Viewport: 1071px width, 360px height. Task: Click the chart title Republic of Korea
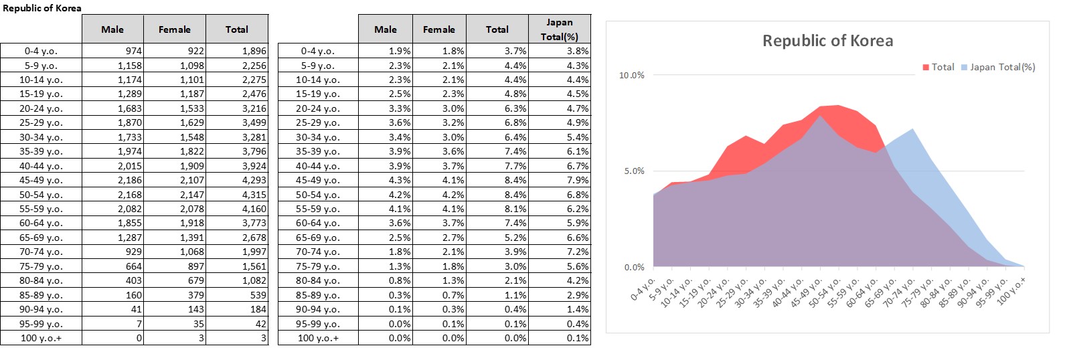coord(827,41)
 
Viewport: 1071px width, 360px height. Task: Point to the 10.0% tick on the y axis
coord(631,76)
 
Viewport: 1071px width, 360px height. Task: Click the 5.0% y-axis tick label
coord(634,171)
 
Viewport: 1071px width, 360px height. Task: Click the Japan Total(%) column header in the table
coord(559,29)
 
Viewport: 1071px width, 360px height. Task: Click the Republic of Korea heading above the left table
coord(42,8)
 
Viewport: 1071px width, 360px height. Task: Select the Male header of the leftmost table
coord(112,29)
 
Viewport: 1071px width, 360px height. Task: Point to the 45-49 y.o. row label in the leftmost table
coord(41,180)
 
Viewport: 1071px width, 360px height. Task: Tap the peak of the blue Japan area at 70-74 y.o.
coord(912,129)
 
